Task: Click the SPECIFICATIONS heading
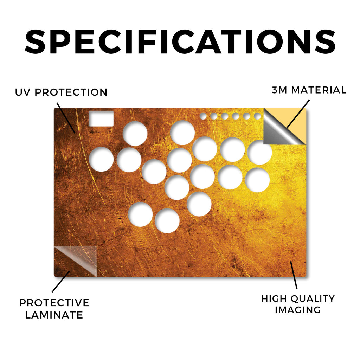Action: tap(180, 42)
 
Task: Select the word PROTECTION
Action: tap(71, 92)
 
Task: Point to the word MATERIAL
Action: tap(319, 90)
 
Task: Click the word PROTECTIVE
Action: tap(54, 303)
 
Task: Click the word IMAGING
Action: tap(298, 310)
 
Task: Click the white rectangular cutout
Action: tap(101, 118)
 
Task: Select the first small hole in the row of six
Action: tap(203, 116)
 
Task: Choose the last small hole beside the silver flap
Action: tap(258, 116)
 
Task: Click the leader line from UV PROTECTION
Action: tap(66, 118)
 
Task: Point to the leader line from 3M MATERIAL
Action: tap(298, 114)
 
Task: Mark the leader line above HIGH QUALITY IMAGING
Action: tap(294, 275)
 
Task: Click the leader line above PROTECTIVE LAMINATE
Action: tap(61, 282)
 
